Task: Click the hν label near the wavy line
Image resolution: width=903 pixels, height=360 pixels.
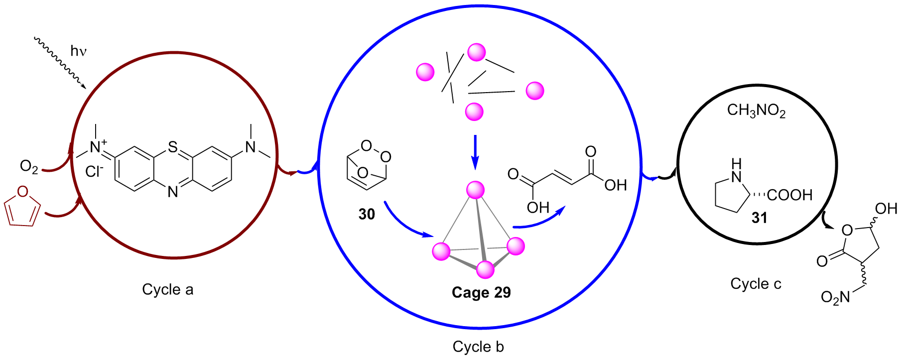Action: [78, 51]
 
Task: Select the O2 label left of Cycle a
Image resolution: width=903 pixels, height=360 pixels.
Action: [29, 167]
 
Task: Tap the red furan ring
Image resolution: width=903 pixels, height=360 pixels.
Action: [22, 208]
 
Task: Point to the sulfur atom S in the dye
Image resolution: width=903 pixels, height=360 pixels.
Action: [173, 147]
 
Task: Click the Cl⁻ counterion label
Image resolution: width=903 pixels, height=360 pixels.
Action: [94, 172]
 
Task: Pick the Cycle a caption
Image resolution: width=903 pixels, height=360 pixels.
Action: [167, 289]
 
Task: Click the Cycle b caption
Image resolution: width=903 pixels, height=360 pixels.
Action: [478, 347]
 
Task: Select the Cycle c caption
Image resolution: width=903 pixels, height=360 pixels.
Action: [756, 284]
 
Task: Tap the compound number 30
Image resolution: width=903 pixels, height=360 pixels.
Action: [367, 214]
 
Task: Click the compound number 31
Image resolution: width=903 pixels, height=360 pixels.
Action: [759, 218]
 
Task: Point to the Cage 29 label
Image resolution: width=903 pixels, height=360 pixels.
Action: [481, 292]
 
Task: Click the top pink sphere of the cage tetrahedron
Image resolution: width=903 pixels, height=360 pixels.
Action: [475, 190]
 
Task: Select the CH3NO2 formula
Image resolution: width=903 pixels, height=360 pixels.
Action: [756, 111]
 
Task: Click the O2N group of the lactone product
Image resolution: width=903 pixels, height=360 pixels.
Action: [835, 297]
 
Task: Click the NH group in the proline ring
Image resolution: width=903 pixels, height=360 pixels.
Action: [736, 171]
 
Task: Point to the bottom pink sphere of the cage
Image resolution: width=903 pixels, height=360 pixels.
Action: [485, 269]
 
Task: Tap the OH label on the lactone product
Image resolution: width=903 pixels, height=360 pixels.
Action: [886, 209]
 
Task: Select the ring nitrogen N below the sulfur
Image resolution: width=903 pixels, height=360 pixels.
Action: [173, 192]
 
